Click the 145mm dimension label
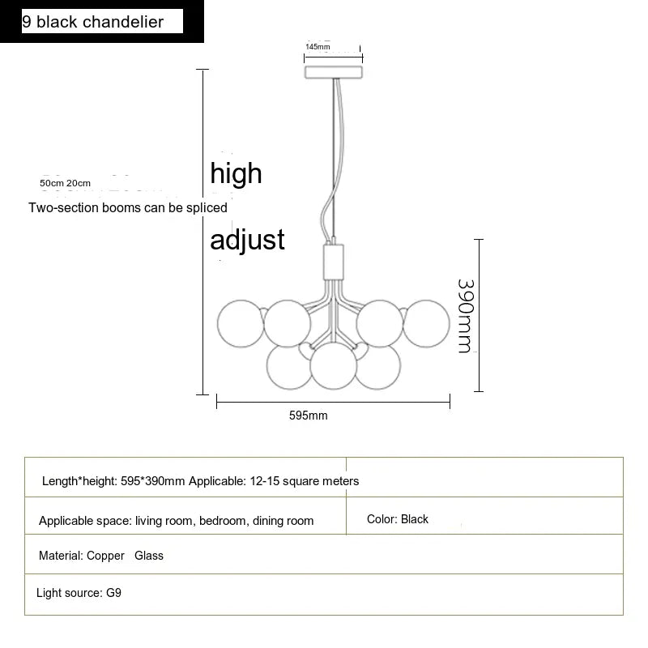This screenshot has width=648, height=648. (x=318, y=47)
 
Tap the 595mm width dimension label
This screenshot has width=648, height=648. (x=309, y=416)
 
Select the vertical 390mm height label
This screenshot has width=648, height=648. (x=467, y=316)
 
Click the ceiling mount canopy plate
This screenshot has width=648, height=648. (x=334, y=72)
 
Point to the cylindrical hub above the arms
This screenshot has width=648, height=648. (x=333, y=262)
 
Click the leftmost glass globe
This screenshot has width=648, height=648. (x=241, y=323)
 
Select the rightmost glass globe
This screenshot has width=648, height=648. (x=426, y=323)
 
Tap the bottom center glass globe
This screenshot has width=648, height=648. (x=333, y=366)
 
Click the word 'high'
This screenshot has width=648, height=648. (x=236, y=173)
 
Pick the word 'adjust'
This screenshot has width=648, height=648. (x=247, y=240)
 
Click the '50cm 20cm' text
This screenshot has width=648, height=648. (x=65, y=183)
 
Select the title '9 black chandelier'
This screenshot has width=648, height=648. (x=92, y=22)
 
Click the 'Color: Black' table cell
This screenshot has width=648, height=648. (x=397, y=519)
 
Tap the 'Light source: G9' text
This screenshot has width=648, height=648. (x=79, y=593)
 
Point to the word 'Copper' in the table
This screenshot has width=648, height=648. (x=105, y=556)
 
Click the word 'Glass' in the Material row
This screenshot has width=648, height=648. (x=149, y=556)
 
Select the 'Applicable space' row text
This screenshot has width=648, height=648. (x=176, y=521)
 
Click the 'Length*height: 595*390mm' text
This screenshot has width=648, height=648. (x=113, y=481)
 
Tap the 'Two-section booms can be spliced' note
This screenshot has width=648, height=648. (x=128, y=207)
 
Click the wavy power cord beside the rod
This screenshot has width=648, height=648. (x=335, y=160)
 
